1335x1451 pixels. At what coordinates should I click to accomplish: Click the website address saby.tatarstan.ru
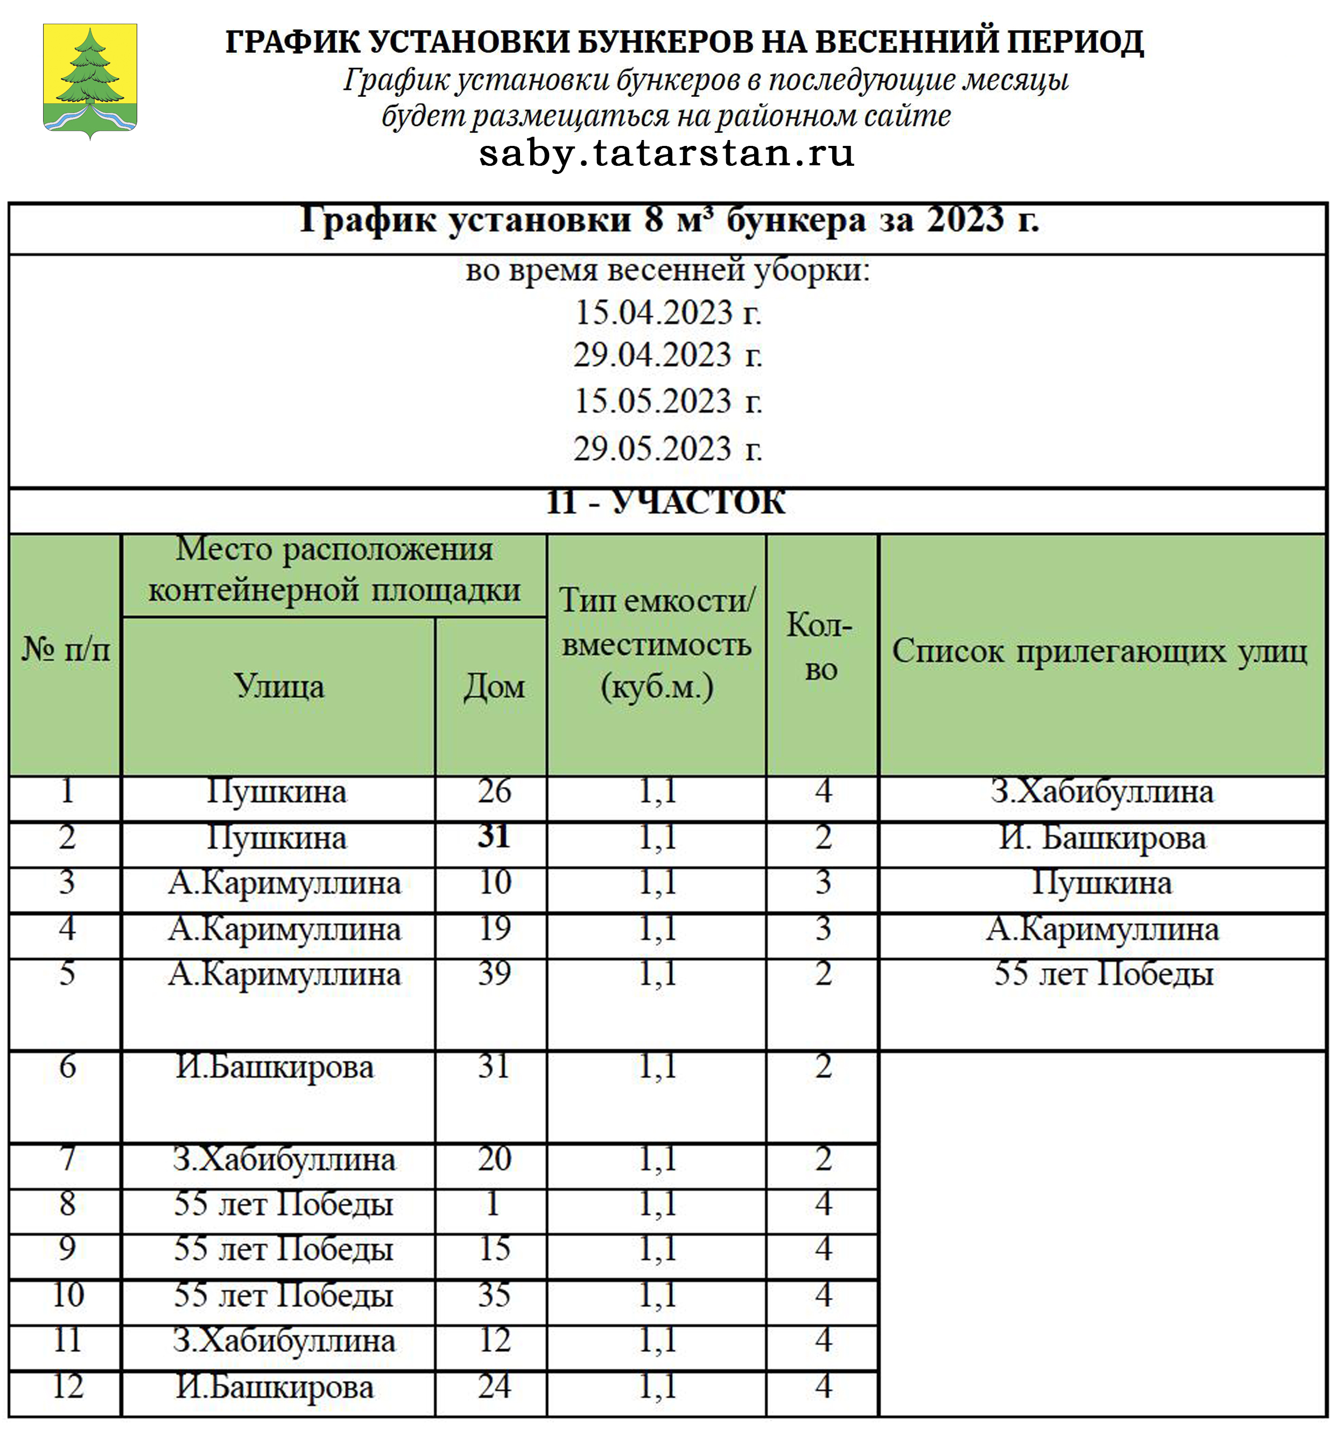(666, 153)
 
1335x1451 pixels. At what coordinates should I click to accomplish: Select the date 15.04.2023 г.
(667, 313)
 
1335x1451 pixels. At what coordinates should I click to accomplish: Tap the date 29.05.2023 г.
(667, 448)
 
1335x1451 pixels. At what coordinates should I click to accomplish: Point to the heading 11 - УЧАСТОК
(665, 501)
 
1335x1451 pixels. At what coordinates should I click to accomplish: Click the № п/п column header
(66, 650)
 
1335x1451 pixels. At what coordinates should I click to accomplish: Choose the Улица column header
(279, 686)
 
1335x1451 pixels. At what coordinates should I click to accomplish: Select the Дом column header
(494, 686)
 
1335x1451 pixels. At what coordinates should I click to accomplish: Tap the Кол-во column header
(821, 647)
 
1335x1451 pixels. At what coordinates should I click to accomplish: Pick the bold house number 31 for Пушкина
(494, 836)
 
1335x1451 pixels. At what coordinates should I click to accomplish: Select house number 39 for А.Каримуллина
(494, 973)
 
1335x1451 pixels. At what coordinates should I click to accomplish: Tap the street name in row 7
(284, 1160)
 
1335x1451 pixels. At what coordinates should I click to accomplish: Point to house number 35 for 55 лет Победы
(494, 1295)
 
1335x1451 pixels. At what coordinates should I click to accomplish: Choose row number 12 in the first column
(68, 1386)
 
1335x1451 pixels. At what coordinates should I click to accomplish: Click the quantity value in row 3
(824, 883)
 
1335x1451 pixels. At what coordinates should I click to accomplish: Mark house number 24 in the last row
(494, 1386)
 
